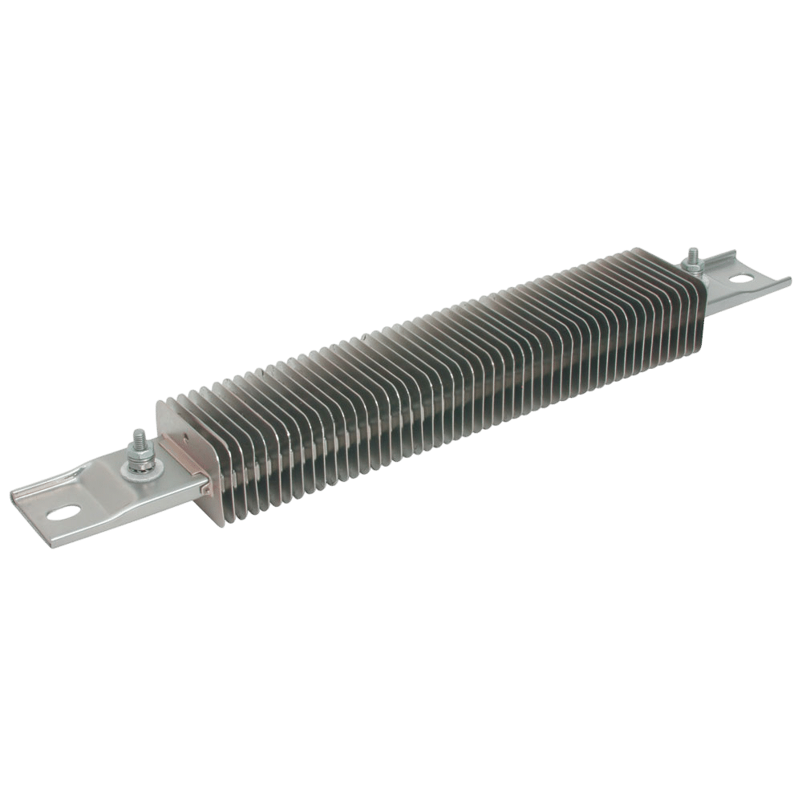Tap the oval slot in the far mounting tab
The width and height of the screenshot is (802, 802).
[743, 280]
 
